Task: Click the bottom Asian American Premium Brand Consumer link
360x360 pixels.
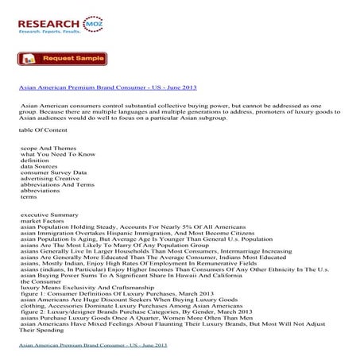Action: pos(93,346)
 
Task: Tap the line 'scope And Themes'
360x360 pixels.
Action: pos(48,149)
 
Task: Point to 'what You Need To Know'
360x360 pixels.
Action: pos(59,155)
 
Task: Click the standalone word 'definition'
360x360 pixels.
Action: pos(36,161)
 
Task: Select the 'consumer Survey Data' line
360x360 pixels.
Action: pos(54,175)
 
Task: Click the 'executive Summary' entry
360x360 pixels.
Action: pos(49,215)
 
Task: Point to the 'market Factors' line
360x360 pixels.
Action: pos(45,223)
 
